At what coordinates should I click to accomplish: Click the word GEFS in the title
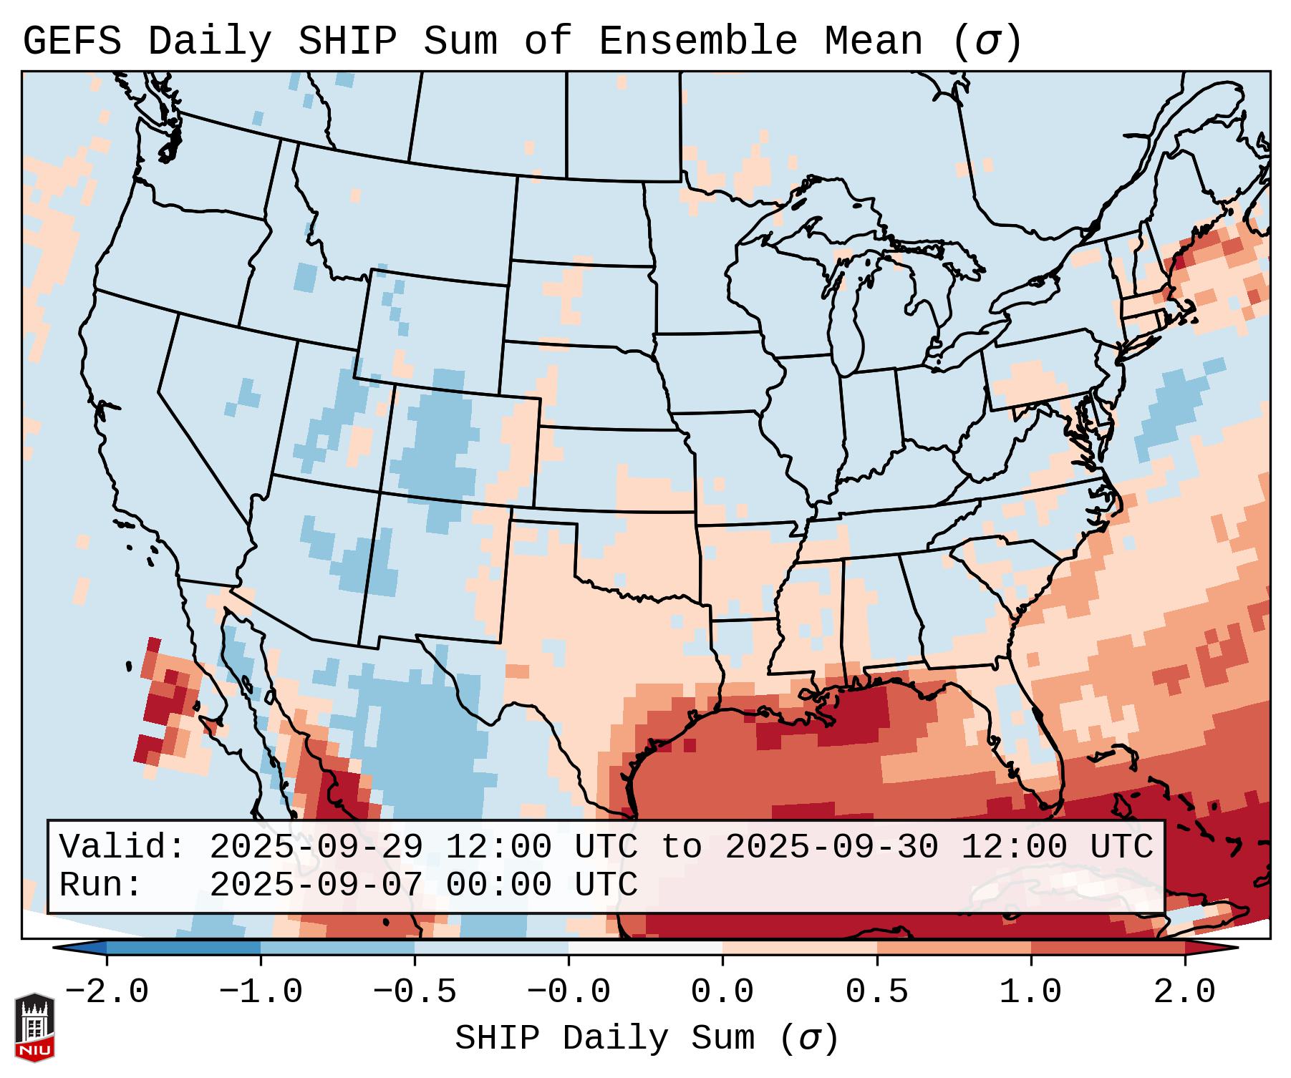coord(72,42)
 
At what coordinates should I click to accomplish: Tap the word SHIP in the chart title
coord(347,42)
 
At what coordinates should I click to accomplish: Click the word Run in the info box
coord(100,885)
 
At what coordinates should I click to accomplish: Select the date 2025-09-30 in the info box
coord(831,848)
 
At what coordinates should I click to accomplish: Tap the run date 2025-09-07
coord(316,885)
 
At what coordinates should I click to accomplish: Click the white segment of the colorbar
coord(645,948)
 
